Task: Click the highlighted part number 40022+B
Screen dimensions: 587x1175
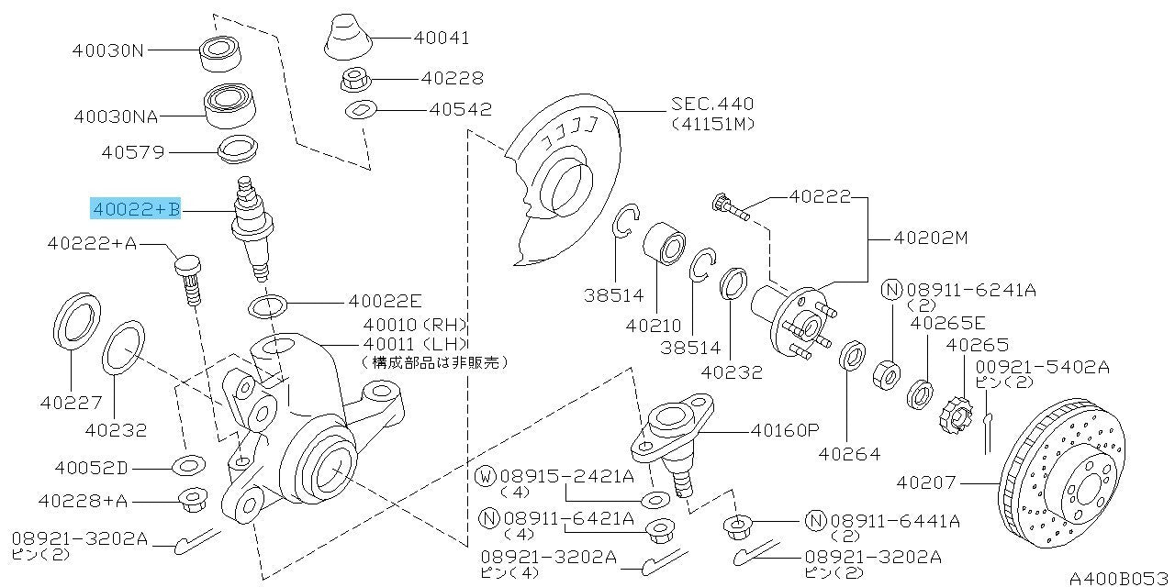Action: tap(135, 210)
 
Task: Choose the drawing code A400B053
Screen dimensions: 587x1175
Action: tap(1120, 578)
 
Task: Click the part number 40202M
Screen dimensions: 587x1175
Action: tap(931, 238)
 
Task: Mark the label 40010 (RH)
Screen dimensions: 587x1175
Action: tap(415, 325)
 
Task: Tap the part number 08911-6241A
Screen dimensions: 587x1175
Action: tap(970, 290)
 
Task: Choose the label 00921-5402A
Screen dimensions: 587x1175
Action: tap(1041, 367)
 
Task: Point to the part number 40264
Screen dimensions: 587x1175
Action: tap(849, 453)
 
